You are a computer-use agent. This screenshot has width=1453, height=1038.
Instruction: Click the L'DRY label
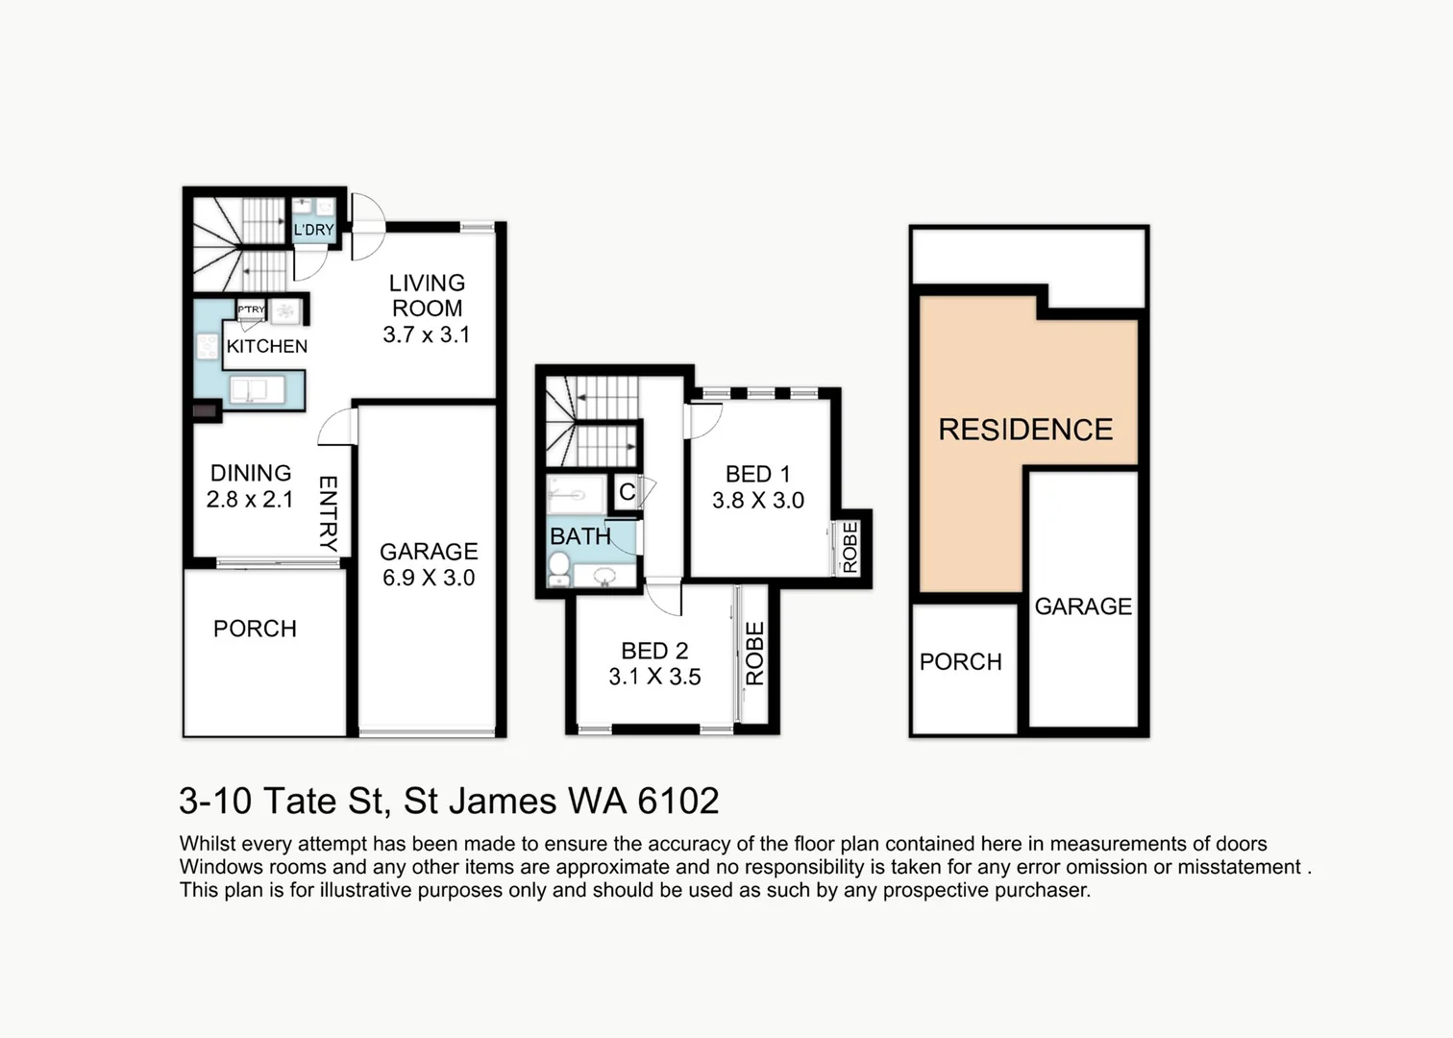pyautogui.click(x=314, y=230)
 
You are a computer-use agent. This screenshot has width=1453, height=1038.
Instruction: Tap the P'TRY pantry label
pyautogui.click(x=251, y=309)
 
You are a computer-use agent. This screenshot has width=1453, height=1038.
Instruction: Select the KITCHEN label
pyautogui.click(x=266, y=346)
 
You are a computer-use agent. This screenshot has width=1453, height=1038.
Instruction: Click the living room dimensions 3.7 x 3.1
pyautogui.click(x=426, y=334)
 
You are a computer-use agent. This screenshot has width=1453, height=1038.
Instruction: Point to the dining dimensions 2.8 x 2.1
pyautogui.click(x=250, y=500)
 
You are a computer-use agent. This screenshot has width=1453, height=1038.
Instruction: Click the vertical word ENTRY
pyautogui.click(x=329, y=514)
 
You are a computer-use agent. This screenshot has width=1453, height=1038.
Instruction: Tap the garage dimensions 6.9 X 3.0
pyautogui.click(x=429, y=578)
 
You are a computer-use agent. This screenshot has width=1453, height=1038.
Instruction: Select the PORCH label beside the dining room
pyautogui.click(x=255, y=629)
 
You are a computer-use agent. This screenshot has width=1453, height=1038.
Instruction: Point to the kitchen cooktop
pyautogui.click(x=208, y=346)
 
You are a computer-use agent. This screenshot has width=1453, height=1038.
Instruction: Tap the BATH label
pyautogui.click(x=580, y=536)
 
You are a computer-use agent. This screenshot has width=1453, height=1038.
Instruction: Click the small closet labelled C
pyautogui.click(x=627, y=492)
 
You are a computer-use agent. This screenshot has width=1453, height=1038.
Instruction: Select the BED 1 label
pyautogui.click(x=757, y=474)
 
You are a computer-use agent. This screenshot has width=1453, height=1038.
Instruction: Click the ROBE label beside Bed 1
pyautogui.click(x=850, y=547)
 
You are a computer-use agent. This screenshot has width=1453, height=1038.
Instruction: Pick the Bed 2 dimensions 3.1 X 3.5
pyautogui.click(x=654, y=677)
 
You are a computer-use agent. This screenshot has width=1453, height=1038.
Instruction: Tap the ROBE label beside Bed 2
pyautogui.click(x=755, y=654)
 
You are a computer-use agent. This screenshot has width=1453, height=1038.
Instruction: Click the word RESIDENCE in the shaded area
pyautogui.click(x=1025, y=430)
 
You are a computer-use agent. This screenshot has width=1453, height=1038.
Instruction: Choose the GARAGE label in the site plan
pyautogui.click(x=1083, y=606)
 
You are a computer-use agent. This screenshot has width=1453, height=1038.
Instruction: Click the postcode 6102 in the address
pyautogui.click(x=678, y=801)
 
